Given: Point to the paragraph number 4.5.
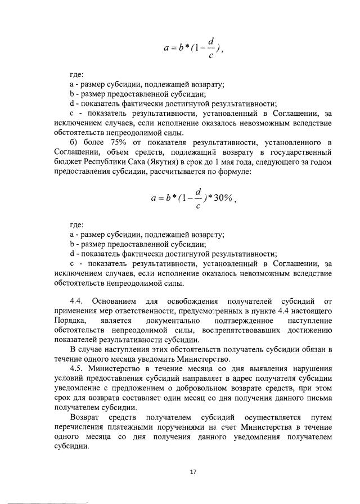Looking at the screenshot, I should [76, 369].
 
